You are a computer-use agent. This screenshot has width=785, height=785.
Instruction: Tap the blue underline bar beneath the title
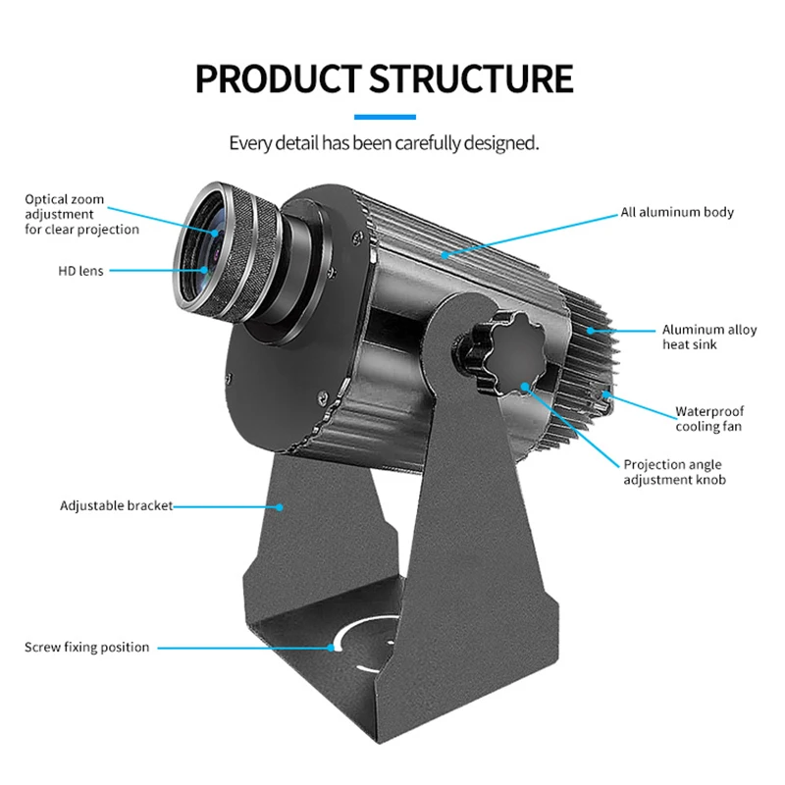coord(392,116)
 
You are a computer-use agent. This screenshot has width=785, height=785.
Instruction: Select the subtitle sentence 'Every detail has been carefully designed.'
coord(384,143)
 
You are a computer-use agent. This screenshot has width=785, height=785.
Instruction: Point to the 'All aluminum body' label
coord(676,212)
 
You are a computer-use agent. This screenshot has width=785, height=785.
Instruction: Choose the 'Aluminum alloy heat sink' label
coord(708,337)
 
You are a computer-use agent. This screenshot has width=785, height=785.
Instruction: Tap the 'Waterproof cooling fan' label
coord(707,419)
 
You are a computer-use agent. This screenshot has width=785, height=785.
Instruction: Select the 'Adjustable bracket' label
coord(116,506)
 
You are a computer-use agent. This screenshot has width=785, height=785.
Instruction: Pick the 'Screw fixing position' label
coord(87,648)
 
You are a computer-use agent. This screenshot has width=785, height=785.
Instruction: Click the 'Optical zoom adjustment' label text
coord(81,214)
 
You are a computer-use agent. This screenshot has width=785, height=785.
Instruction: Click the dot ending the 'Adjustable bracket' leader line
coord(280,507)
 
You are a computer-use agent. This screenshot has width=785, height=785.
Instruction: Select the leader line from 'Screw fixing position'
coord(245,648)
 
